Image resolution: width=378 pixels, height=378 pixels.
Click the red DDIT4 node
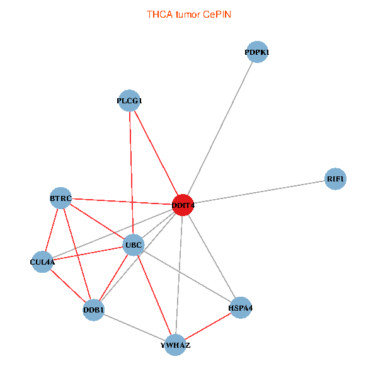click(x=183, y=205)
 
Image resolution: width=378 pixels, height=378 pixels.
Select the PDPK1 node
click(x=257, y=52)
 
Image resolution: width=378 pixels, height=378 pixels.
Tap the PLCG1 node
click(x=129, y=101)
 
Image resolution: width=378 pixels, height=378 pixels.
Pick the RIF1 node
click(x=335, y=179)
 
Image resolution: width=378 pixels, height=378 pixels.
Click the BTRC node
click(x=60, y=198)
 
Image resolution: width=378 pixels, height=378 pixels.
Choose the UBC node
click(x=134, y=245)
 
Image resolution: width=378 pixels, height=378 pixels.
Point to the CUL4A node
click(x=42, y=262)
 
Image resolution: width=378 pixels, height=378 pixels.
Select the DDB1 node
click(x=93, y=310)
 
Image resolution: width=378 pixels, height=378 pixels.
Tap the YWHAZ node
click(x=175, y=345)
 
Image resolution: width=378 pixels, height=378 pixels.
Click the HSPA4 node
click(x=241, y=308)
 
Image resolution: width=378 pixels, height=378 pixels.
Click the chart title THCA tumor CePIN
click(x=189, y=14)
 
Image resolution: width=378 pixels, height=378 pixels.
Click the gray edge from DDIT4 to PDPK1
click(x=220, y=129)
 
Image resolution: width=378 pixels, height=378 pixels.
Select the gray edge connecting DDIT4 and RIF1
click(x=259, y=192)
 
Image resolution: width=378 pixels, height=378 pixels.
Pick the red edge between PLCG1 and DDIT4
click(x=156, y=153)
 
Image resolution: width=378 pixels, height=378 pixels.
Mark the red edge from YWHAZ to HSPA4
click(x=208, y=326)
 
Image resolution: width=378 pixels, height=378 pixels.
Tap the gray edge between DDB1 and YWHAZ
click(x=134, y=328)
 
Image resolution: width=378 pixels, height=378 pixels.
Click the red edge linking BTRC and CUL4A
click(x=52, y=230)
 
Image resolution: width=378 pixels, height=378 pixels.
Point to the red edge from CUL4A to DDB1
click(x=68, y=285)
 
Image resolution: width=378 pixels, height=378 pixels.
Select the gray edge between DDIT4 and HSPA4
click(x=212, y=256)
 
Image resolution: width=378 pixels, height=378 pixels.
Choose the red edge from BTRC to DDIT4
click(x=122, y=202)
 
